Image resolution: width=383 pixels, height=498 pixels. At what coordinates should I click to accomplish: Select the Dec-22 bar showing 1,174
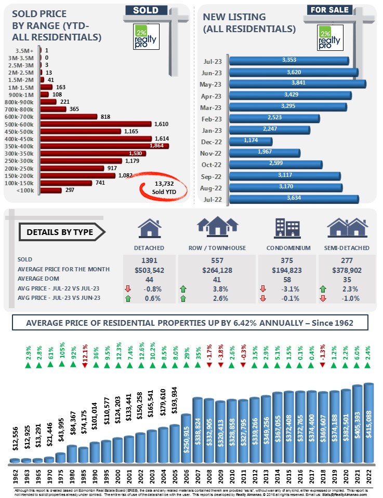pos(250,141)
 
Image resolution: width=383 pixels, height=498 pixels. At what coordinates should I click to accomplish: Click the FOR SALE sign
pos(329,9)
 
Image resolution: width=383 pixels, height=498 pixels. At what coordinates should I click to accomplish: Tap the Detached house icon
pos(149,228)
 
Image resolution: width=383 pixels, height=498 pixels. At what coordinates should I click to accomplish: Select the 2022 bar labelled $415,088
pos(368,422)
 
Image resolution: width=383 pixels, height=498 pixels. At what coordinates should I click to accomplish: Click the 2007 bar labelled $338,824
pos(197,430)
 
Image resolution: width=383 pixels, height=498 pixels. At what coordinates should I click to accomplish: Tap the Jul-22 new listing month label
pos(213,199)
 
